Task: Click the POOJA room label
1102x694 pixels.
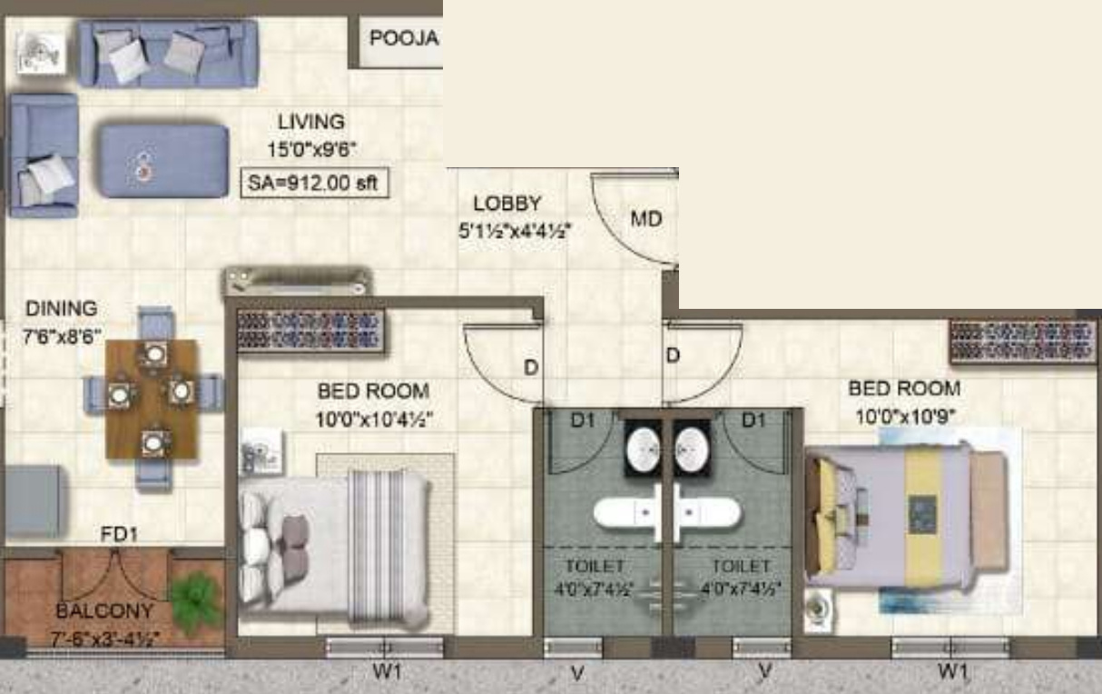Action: (404, 39)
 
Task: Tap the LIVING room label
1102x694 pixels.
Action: (310, 122)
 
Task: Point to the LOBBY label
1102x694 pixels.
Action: (507, 204)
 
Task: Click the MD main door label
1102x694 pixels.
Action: (646, 219)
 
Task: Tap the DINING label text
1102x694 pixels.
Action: (61, 309)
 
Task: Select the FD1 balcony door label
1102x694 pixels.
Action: (119, 535)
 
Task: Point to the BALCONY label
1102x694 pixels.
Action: (104, 610)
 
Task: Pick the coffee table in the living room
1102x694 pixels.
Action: (163, 161)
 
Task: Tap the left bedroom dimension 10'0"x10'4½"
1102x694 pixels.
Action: (373, 420)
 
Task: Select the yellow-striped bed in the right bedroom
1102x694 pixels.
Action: (908, 517)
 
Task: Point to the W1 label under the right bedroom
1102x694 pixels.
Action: (951, 672)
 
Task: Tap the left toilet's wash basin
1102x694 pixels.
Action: (644, 447)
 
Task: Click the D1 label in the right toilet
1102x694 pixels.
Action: (753, 420)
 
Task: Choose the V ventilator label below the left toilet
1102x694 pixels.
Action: (576, 673)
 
